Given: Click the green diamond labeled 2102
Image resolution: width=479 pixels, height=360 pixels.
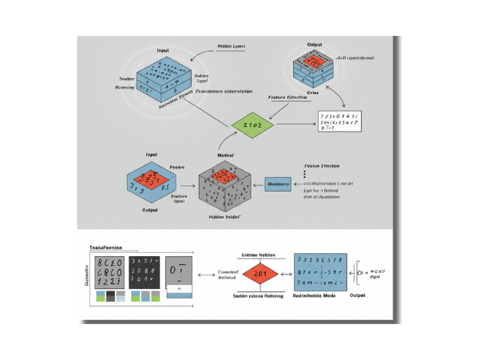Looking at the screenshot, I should click(x=253, y=126).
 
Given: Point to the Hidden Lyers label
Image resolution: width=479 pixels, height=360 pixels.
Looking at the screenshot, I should click(x=232, y=47).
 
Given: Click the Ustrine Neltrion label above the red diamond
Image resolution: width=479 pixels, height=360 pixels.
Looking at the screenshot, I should click(x=258, y=254).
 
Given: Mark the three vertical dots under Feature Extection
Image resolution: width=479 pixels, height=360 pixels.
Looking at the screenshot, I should click(x=305, y=174).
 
